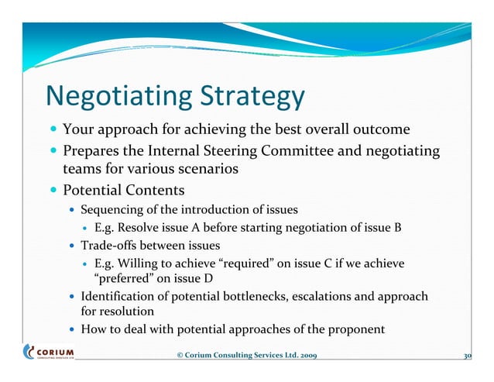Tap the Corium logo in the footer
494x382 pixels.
pos(50,353)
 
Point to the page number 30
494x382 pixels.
pos(467,356)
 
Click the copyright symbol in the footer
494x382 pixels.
pos(180,356)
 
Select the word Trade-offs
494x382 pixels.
pos(108,246)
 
